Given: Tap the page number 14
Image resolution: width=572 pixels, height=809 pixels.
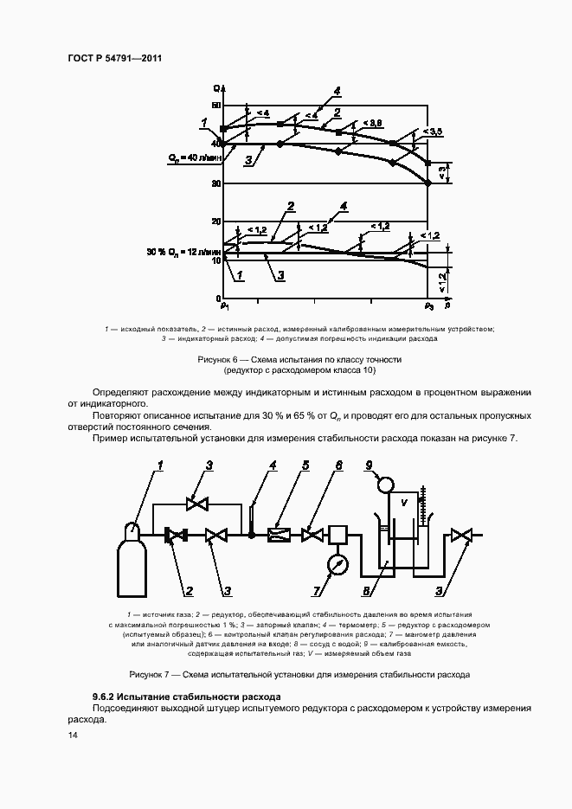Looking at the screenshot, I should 73,735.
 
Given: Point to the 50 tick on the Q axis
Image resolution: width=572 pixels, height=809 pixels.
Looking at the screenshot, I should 216,106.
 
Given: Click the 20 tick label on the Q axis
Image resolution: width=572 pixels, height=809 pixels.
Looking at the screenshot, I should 216,222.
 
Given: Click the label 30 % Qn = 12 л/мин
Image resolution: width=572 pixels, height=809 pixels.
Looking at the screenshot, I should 183,252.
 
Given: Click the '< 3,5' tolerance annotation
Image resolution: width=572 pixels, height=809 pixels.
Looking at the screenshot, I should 432,131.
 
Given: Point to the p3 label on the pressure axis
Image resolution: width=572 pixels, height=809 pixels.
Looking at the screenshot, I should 428,306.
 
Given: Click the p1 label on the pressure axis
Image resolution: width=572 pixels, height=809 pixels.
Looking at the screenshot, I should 224,306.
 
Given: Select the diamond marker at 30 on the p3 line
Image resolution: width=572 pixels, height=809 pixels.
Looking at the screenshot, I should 428,183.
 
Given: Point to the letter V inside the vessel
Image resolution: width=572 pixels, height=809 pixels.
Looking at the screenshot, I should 402,503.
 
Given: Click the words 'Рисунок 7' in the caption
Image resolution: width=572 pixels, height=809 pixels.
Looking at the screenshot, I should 153,673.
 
